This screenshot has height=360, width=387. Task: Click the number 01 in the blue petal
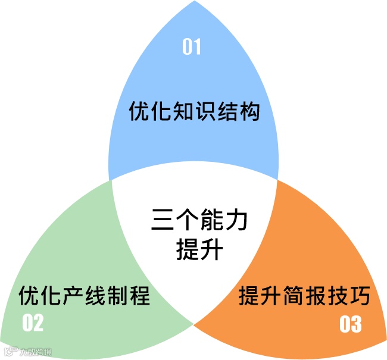tap(192, 47)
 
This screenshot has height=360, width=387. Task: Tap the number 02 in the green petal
tap(33, 323)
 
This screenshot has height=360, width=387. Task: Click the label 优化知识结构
tap(195, 111)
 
